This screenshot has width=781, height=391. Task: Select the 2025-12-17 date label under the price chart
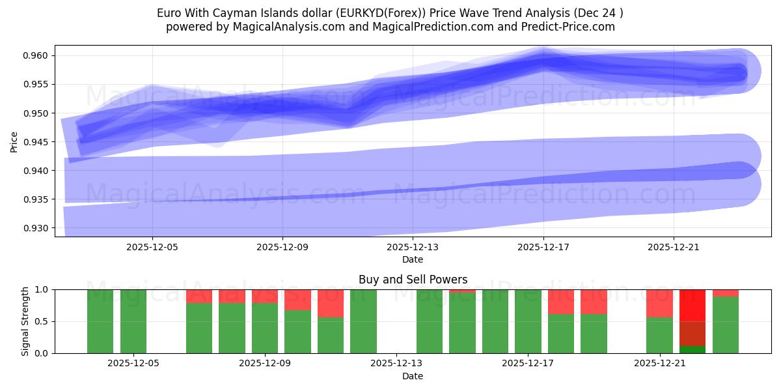[543, 248]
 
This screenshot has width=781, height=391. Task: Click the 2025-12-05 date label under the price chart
[152, 248]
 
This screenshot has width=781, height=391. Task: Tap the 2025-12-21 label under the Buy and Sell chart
[660, 364]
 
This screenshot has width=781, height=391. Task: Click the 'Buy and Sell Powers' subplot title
[413, 280]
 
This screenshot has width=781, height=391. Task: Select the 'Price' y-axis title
[14, 141]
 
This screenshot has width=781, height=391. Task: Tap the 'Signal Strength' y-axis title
[25, 321]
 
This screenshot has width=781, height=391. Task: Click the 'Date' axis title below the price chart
[413, 259]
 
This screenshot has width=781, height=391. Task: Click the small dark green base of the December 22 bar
[692, 349]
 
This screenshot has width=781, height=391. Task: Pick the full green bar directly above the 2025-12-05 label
[133, 321]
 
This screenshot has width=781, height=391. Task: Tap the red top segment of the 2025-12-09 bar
[265, 296]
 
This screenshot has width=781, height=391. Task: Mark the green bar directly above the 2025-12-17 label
[528, 321]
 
